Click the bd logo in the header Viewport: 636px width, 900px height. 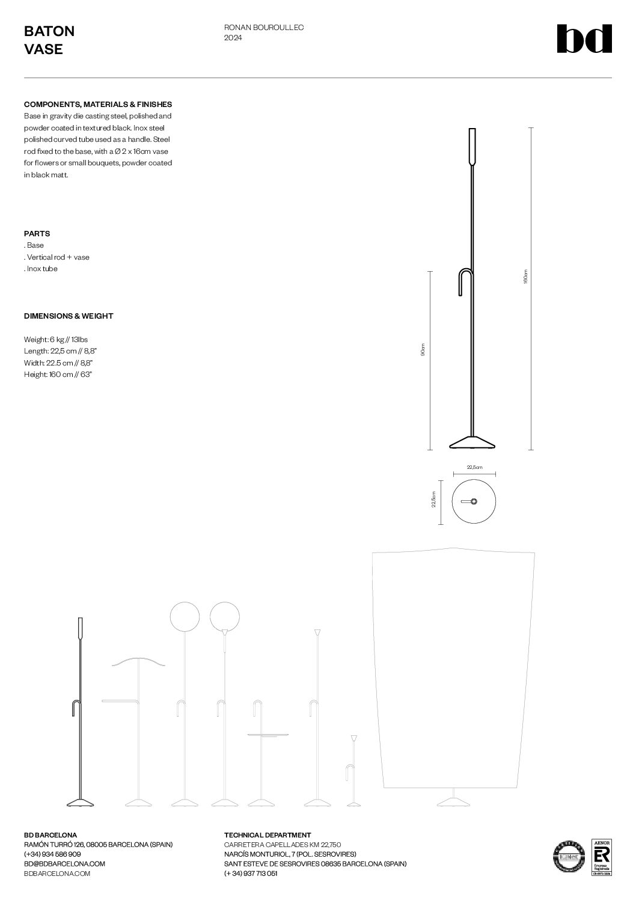(584, 39)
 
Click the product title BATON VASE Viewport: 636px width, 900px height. (49, 40)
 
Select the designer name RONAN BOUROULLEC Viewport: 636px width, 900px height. (264, 28)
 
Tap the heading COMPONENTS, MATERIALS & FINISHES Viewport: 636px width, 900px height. (98, 105)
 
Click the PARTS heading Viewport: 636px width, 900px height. (37, 234)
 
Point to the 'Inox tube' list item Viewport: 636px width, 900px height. (41, 269)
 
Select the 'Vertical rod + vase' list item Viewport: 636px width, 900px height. (57, 257)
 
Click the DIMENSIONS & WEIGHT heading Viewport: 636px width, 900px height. (69, 316)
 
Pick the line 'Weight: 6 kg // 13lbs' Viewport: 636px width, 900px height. (56, 340)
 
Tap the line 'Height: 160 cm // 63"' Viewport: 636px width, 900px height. (58, 375)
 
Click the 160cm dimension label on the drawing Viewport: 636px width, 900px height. (525, 277)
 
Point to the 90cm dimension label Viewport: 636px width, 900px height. (423, 350)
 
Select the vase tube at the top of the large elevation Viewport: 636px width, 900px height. (472, 145)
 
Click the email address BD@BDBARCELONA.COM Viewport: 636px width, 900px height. (64, 864)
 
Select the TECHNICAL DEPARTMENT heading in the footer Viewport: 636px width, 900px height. (268, 835)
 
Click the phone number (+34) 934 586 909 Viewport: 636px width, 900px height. (52, 854)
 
